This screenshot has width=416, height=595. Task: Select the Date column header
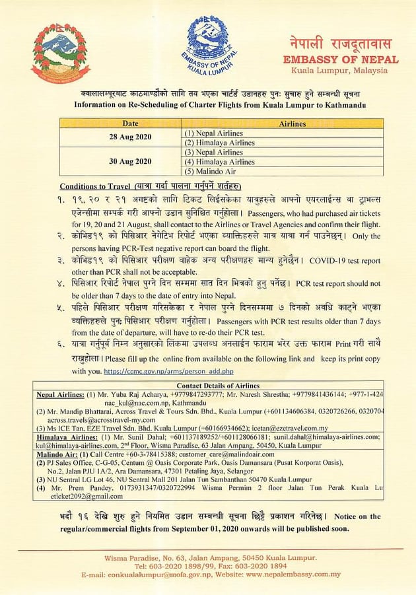(x=130, y=123)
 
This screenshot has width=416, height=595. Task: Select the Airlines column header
(x=293, y=123)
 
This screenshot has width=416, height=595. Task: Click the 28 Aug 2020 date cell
(x=130, y=137)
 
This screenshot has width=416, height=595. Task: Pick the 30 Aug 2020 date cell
(x=130, y=161)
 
